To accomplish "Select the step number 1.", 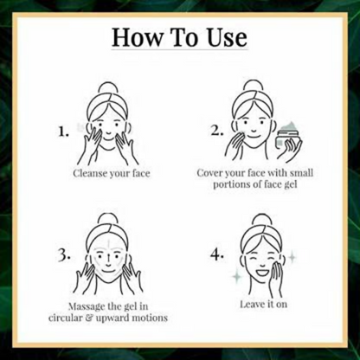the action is click(x=63, y=132).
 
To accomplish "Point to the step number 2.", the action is click(x=217, y=131).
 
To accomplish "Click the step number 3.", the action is click(x=64, y=255).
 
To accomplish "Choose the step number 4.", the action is click(x=217, y=255).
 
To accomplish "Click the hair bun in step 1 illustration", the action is click(x=107, y=89).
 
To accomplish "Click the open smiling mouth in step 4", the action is click(x=262, y=272).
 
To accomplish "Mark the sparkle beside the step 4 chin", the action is click(x=237, y=277).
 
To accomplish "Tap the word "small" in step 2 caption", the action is click(x=301, y=173).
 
